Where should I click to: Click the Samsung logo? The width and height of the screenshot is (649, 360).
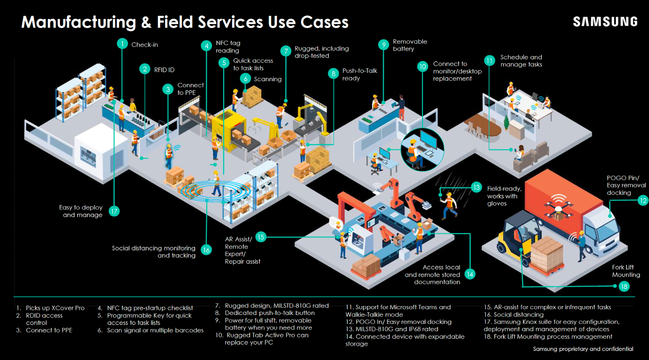(x=605, y=22)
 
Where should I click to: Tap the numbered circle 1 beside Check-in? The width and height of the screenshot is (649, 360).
(x=122, y=44)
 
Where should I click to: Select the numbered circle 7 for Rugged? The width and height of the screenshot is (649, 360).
(x=286, y=51)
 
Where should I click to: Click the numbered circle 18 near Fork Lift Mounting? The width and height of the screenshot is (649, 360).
(x=624, y=287)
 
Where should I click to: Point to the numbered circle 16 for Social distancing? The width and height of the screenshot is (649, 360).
(x=206, y=250)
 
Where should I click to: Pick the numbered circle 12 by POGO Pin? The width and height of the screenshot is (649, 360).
(x=643, y=200)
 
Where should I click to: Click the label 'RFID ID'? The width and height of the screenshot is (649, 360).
(x=164, y=70)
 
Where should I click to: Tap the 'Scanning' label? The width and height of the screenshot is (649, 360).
(x=268, y=79)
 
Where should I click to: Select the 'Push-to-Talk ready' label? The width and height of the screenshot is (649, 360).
(x=359, y=74)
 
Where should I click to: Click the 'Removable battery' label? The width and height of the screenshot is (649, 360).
(x=410, y=45)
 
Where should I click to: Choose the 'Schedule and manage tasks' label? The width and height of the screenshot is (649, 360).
(x=521, y=61)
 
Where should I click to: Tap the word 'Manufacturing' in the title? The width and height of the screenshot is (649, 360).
(x=79, y=22)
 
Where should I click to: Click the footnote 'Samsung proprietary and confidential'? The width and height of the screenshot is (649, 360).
(x=583, y=349)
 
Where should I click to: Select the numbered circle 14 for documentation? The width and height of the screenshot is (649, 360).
(x=470, y=274)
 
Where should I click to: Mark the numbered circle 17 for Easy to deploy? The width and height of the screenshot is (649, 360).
(x=114, y=211)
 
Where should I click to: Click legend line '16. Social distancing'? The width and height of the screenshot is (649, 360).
(x=514, y=315)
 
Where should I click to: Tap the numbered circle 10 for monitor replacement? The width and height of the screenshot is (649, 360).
(x=423, y=67)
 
